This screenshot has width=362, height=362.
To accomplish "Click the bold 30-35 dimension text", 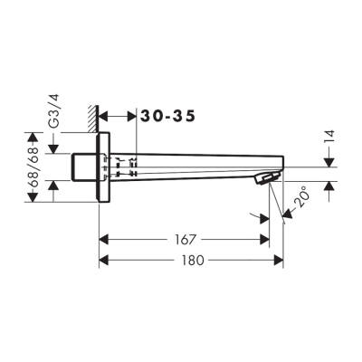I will click(x=166, y=116).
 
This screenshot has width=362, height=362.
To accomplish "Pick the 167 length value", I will click(x=185, y=241).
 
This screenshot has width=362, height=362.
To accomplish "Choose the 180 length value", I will click(x=191, y=260).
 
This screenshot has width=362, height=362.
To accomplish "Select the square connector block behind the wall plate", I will click(x=82, y=167).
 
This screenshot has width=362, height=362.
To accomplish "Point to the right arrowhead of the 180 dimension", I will click(x=279, y=260).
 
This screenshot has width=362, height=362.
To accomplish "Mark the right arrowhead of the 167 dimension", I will click(x=265, y=241).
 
